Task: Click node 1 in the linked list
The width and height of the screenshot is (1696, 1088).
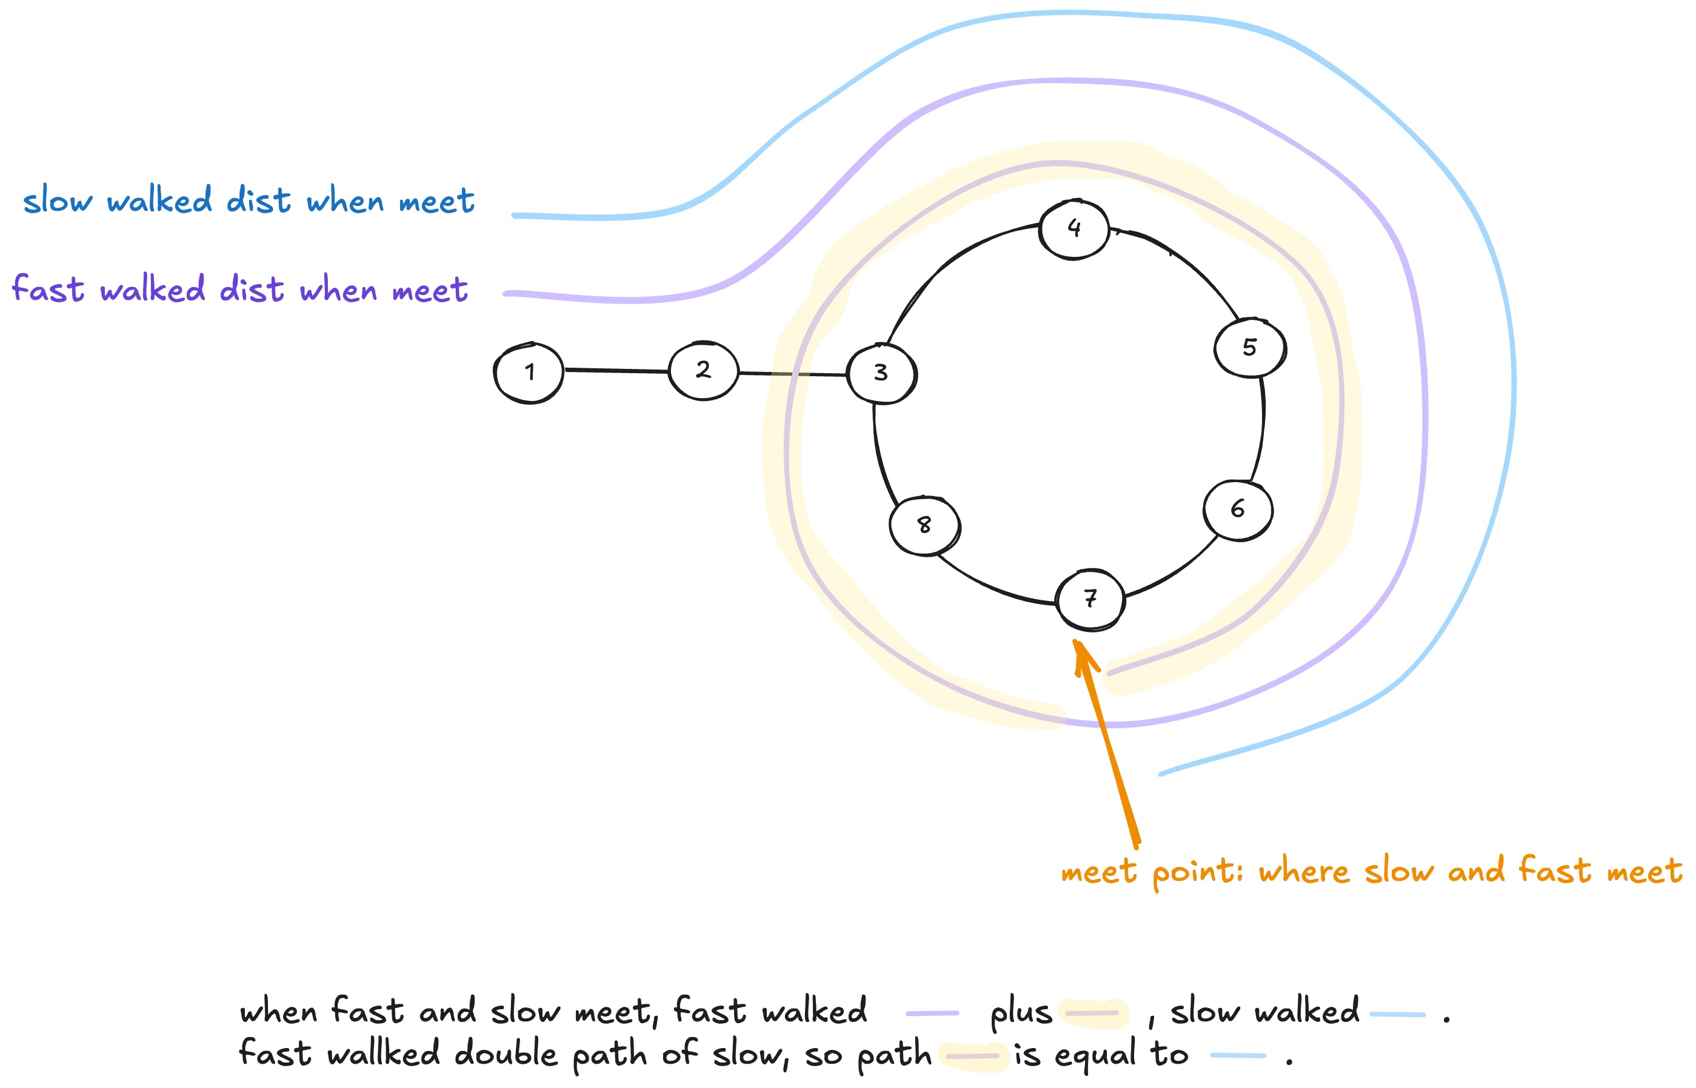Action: click(x=528, y=373)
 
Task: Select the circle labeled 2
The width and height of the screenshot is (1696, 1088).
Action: click(x=703, y=370)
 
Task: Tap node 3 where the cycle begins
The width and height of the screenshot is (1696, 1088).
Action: click(x=881, y=373)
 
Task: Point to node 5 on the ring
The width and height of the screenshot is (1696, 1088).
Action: click(x=1249, y=347)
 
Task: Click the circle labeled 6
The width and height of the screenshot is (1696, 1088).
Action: click(x=1237, y=509)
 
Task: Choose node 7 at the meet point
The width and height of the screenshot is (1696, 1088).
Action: click(x=1090, y=599)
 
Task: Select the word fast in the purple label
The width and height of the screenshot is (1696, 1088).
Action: click(x=48, y=289)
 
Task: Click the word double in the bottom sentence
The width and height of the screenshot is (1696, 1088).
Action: click(x=506, y=1054)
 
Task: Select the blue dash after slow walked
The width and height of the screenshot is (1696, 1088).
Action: click(x=1397, y=1015)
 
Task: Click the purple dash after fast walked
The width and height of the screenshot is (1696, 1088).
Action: click(x=932, y=1013)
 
